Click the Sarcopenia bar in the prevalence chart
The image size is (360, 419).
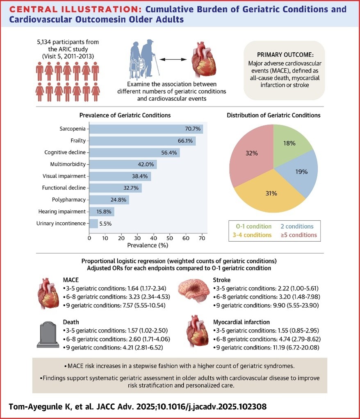pyautogui.click(x=146, y=129)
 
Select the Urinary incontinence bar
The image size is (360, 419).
pyautogui.click(x=94, y=224)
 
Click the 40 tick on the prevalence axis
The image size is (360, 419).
pyautogui.click(x=154, y=238)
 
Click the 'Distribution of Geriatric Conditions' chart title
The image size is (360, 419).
pyautogui.click(x=274, y=115)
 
